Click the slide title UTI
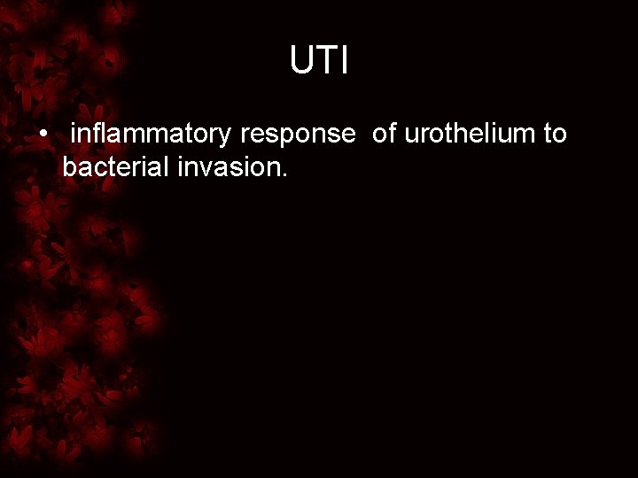pos(319,61)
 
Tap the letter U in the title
pos(301,61)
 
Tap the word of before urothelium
pos(384,135)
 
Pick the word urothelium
pos(471,135)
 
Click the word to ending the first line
pos(556,135)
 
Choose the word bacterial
pos(111,166)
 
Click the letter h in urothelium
pos(460,135)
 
